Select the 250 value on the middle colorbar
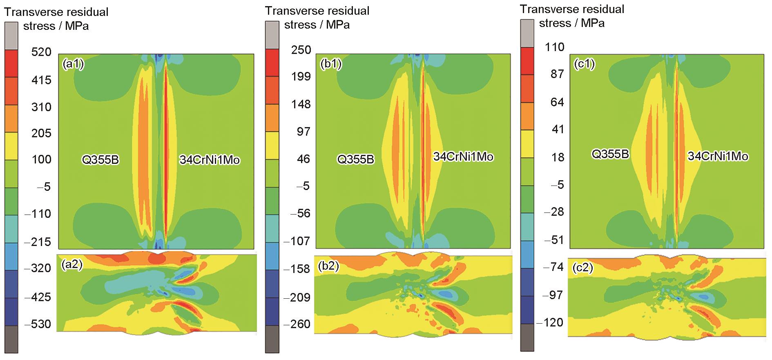301,50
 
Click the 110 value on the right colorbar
555,47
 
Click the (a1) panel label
73,65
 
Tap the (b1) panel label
331,65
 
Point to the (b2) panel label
328,268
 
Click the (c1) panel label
584,64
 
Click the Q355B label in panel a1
100,160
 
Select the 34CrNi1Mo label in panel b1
463,157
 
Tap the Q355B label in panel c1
610,154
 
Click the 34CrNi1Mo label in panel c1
718,156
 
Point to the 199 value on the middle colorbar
301,77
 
